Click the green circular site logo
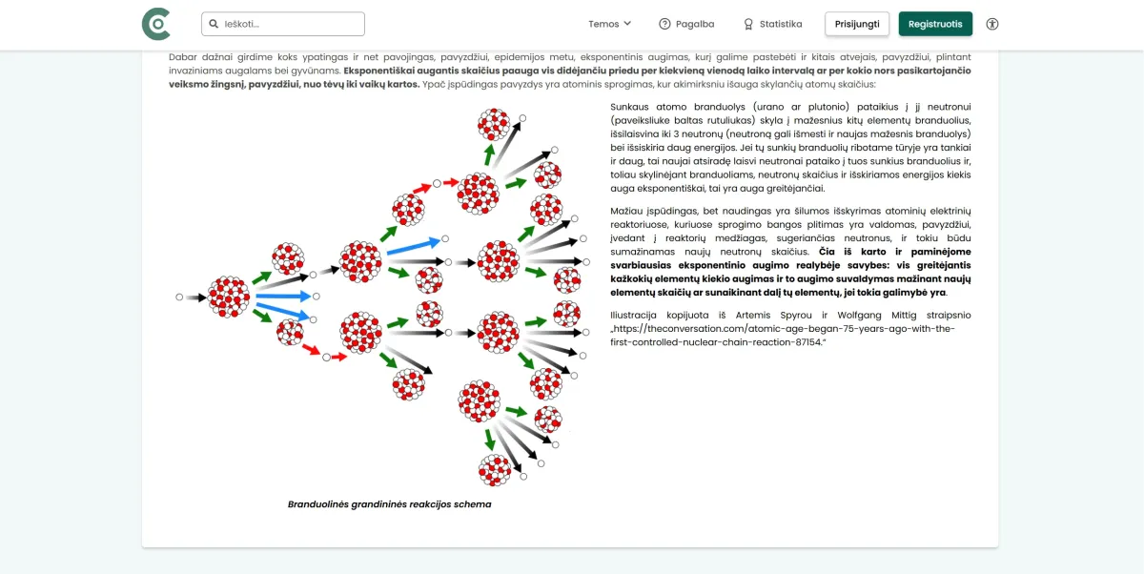coord(155,24)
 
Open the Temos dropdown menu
coord(609,24)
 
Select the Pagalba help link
coord(685,24)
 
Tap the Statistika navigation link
coord(772,24)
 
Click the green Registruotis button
coord(934,24)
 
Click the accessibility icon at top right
coord(991,24)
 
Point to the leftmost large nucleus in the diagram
coord(229,297)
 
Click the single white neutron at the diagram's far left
coord(179,297)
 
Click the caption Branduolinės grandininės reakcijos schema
coord(389,504)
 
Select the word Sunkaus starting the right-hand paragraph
coord(630,107)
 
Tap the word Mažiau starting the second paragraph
coord(629,210)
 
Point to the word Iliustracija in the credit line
coord(638,315)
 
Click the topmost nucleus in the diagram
coord(494,124)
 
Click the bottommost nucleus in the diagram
coord(495,470)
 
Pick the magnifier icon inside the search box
coord(214,24)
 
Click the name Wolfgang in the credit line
coord(857,315)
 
